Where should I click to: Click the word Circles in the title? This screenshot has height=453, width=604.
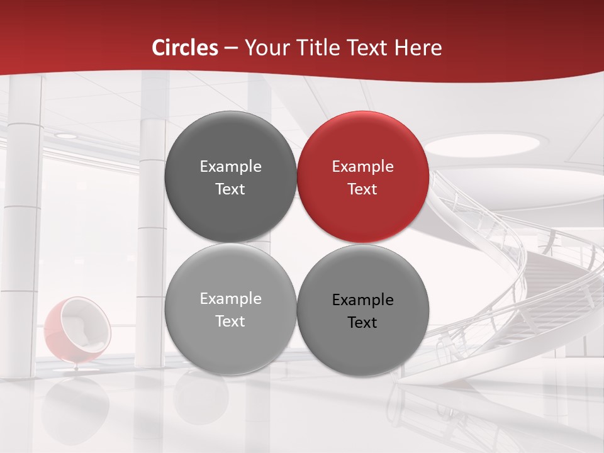pos(185,48)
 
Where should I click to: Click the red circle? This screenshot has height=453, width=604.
pos(363,177)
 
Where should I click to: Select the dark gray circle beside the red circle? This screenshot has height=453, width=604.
pos(230,177)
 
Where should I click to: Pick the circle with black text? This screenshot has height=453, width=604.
pos(363,310)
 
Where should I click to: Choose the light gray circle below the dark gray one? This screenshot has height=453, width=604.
pos(230,309)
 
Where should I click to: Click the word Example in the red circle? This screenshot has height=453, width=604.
pos(362,167)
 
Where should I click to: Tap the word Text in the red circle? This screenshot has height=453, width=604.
pos(362,189)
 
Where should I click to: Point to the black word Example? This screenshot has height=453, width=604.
pos(362,300)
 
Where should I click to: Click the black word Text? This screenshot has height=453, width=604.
pos(362,322)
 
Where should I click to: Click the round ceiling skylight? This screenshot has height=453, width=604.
pos(483,144)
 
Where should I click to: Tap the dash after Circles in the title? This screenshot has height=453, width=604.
pos(231,48)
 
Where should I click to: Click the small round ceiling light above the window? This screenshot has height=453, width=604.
pos(65,135)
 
